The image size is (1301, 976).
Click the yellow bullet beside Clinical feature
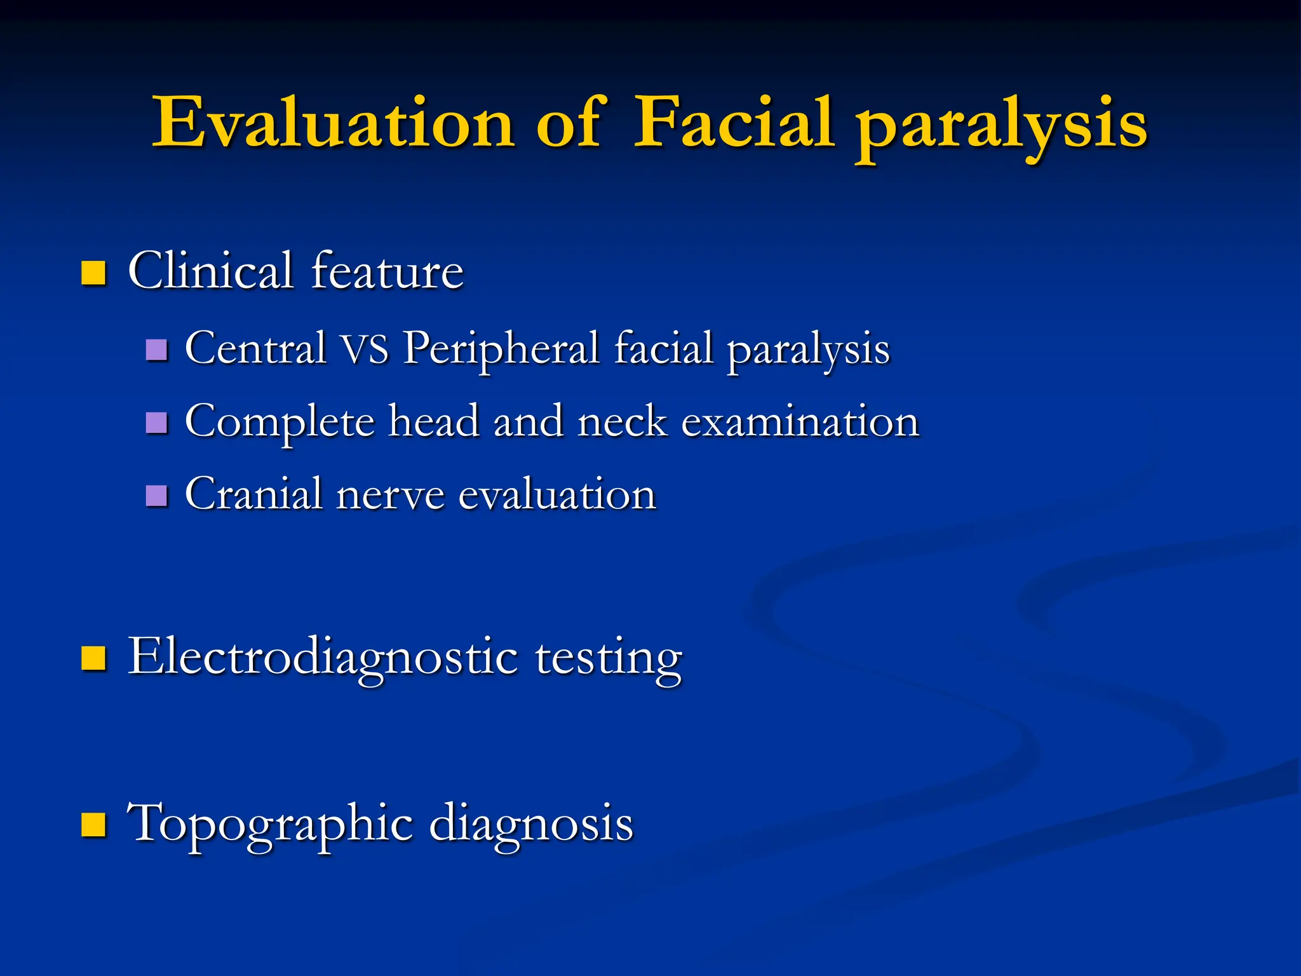tap(93, 273)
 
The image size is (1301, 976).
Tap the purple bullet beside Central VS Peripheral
tap(156, 349)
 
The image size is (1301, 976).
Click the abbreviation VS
tap(364, 349)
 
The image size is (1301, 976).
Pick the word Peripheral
tap(502, 349)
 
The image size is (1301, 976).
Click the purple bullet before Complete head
tap(156, 423)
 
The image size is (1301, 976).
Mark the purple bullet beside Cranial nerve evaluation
tap(156, 495)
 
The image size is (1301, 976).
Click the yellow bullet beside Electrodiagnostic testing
tap(93, 659)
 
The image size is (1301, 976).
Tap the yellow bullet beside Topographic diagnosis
tap(93, 825)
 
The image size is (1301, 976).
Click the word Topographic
tap(271, 824)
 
